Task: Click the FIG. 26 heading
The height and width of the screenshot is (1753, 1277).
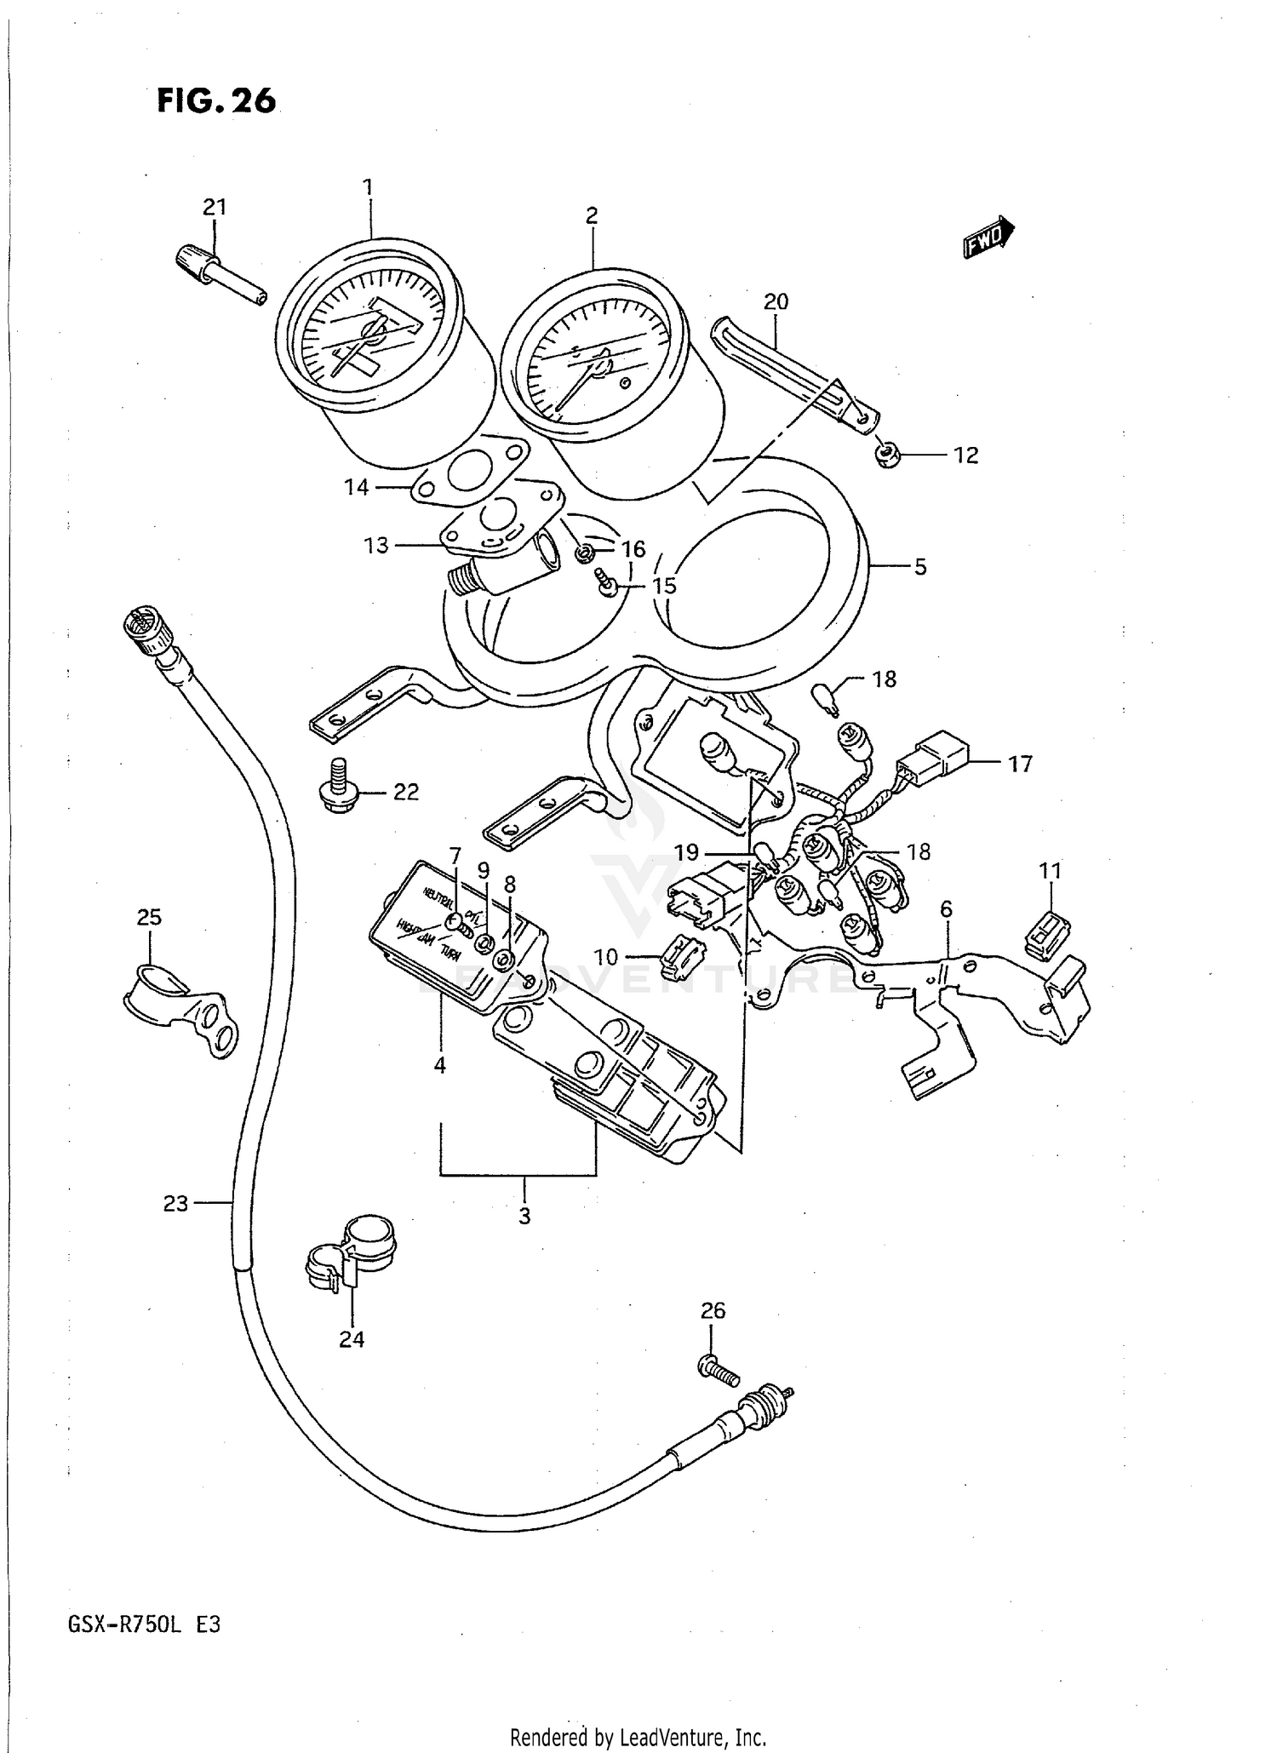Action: pos(216,101)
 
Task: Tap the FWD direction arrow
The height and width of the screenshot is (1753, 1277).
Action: pos(988,236)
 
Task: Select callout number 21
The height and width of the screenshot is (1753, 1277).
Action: pos(215,207)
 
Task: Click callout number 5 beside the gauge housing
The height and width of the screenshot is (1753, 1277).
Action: pos(920,567)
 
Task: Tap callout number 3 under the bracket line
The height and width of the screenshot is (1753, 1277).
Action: pos(524,1215)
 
